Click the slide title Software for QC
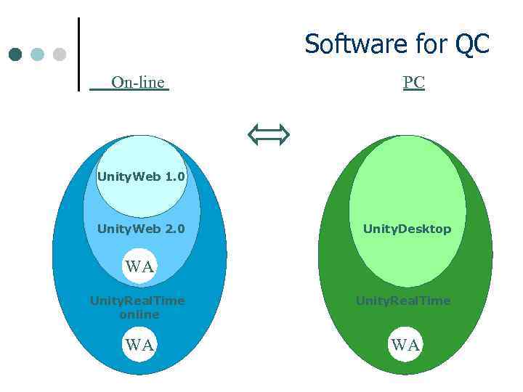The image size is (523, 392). [397, 44]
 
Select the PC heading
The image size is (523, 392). [413, 83]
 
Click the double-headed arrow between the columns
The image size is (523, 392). [268, 134]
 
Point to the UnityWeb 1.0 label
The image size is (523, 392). [141, 176]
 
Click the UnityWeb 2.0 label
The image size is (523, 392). [141, 229]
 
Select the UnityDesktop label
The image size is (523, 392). [407, 229]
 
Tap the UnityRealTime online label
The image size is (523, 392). [137, 307]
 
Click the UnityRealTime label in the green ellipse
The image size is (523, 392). [403, 301]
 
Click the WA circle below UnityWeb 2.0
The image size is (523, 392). [139, 266]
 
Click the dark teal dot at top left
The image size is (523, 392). [15, 54]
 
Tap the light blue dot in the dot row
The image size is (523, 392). [38, 54]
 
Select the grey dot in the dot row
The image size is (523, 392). [60, 54]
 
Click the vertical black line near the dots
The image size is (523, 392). [78, 54]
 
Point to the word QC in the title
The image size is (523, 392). [472, 44]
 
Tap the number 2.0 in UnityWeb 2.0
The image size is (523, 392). [175, 229]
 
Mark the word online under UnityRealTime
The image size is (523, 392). [139, 314]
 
